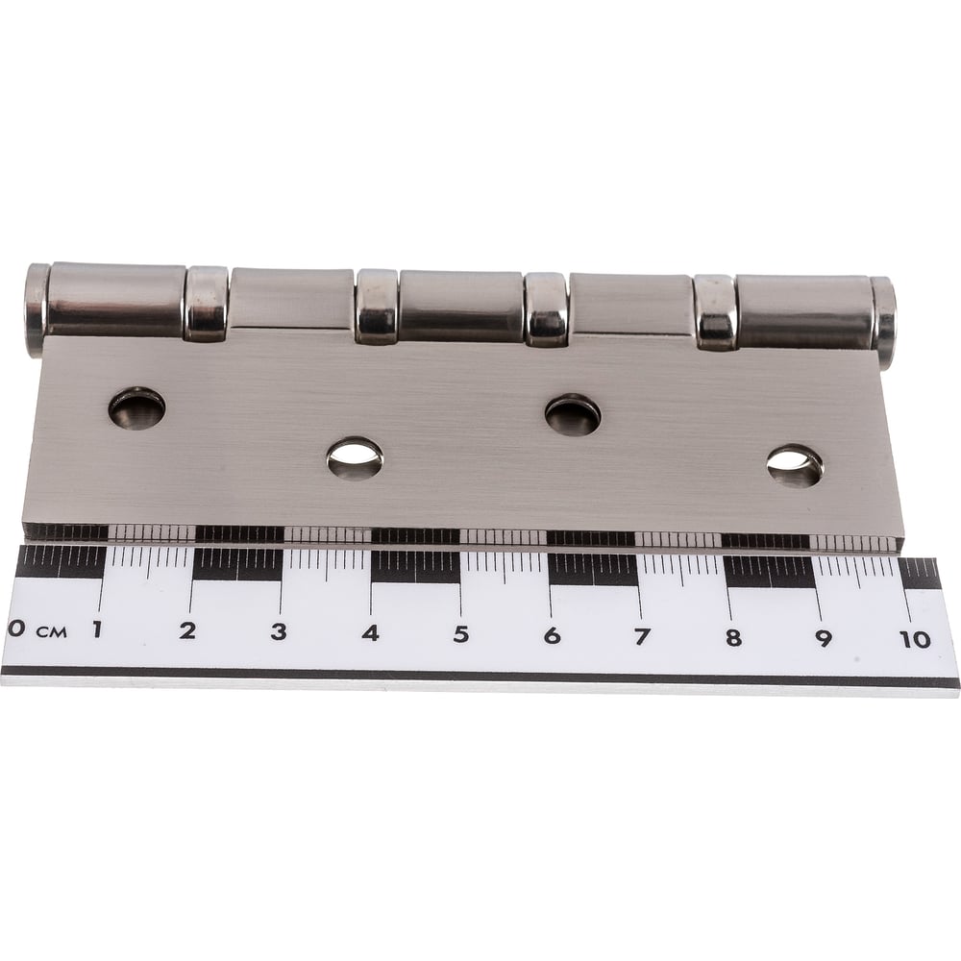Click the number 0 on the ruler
16,628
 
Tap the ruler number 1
97,628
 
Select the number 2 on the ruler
187,630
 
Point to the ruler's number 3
279,632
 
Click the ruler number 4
370,633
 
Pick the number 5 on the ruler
461,634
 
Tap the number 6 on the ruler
553,635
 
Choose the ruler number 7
642,637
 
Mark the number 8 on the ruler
733,638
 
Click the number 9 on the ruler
824,639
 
